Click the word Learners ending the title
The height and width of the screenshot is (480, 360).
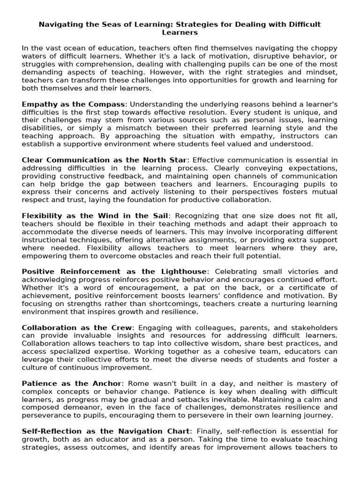click(180, 33)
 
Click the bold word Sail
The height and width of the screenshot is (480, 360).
click(157, 216)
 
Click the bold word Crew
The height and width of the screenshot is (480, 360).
click(122, 328)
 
